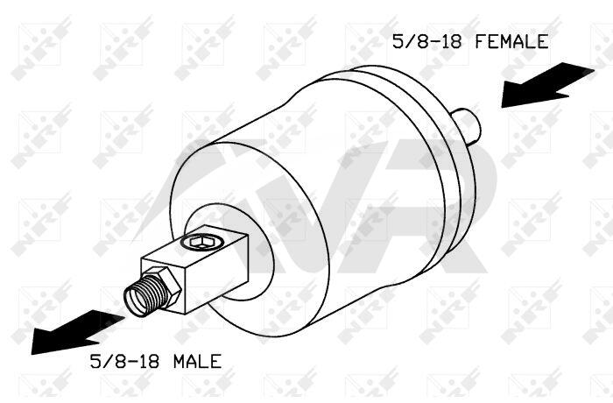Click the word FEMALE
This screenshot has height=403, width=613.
click(511, 41)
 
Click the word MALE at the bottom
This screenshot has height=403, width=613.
click(197, 361)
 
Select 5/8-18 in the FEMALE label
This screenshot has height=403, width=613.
click(427, 41)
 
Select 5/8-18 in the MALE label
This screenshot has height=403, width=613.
click(124, 361)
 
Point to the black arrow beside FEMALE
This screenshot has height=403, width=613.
click(547, 85)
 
